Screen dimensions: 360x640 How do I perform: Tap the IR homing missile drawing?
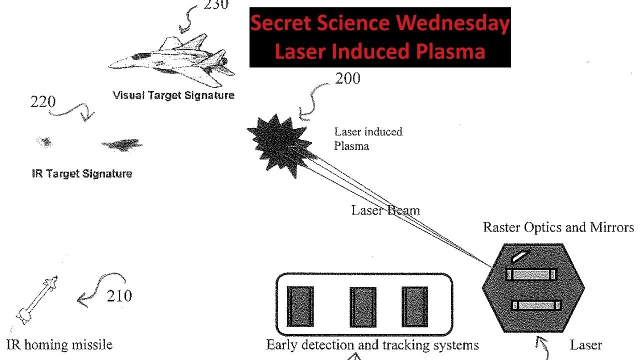37,299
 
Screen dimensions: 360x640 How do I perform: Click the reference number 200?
347,78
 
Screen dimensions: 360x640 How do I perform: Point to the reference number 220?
43,102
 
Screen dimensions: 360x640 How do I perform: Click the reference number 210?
119,296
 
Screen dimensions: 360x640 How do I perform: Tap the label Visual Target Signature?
173,95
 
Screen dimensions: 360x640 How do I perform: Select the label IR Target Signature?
81,174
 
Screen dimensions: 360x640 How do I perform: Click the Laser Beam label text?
385,210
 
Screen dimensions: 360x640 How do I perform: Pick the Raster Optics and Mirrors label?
558,227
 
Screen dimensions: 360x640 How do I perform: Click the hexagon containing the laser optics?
533,288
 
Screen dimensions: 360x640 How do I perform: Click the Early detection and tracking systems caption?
372,345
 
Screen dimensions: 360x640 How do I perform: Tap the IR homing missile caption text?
59,344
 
